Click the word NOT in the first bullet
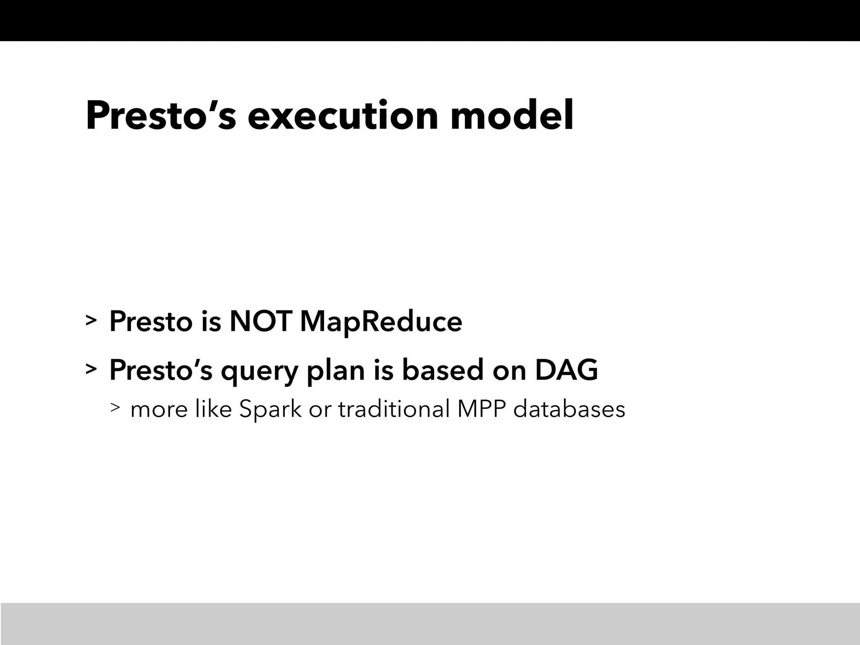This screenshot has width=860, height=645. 260,322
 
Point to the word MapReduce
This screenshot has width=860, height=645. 381,322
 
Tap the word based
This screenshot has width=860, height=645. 443,370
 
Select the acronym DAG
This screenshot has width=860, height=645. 566,370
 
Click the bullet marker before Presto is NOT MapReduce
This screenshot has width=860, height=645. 91,320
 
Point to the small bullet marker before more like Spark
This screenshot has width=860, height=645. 115,407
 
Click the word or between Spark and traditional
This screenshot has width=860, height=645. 319,410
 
